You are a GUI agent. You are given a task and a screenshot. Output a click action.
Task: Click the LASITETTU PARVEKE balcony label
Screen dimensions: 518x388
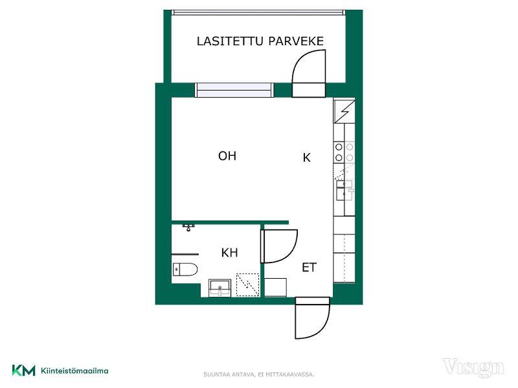coord(260,41)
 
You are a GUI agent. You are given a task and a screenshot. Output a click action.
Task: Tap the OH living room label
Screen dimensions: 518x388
coord(227,156)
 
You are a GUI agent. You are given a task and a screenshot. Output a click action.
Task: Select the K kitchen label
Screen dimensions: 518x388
coord(306,158)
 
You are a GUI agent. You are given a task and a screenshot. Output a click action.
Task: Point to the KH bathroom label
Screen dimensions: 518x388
coord(230,253)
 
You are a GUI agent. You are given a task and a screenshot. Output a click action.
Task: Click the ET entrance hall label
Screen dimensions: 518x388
coord(310,267)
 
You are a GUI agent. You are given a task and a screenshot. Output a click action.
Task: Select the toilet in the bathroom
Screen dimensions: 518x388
coord(185,270)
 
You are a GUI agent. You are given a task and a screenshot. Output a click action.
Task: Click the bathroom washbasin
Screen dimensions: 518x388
coord(220,288)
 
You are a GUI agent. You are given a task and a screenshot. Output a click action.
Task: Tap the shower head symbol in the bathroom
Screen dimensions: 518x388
coord(188,227)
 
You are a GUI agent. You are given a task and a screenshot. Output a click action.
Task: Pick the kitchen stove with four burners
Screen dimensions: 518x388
coord(344,152)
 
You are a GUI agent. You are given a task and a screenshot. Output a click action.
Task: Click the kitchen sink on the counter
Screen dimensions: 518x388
coord(344,190)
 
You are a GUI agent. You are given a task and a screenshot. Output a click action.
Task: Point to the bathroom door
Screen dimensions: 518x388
coord(279,246)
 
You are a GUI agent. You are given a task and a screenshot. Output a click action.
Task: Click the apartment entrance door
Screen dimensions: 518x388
coord(313,318)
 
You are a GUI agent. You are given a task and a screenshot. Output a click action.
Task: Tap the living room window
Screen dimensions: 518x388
coord(234,90)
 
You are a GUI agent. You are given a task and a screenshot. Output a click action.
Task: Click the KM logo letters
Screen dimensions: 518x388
coord(23,370)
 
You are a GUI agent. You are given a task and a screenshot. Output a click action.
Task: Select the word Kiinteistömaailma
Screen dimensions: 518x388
coord(74,371)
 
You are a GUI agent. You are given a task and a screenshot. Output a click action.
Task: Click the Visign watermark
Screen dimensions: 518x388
coord(473,368)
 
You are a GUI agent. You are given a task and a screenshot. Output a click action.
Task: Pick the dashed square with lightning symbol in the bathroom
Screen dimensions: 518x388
coord(248,285)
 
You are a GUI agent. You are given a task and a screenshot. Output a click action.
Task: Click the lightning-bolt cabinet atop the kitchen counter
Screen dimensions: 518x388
coord(344,111)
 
